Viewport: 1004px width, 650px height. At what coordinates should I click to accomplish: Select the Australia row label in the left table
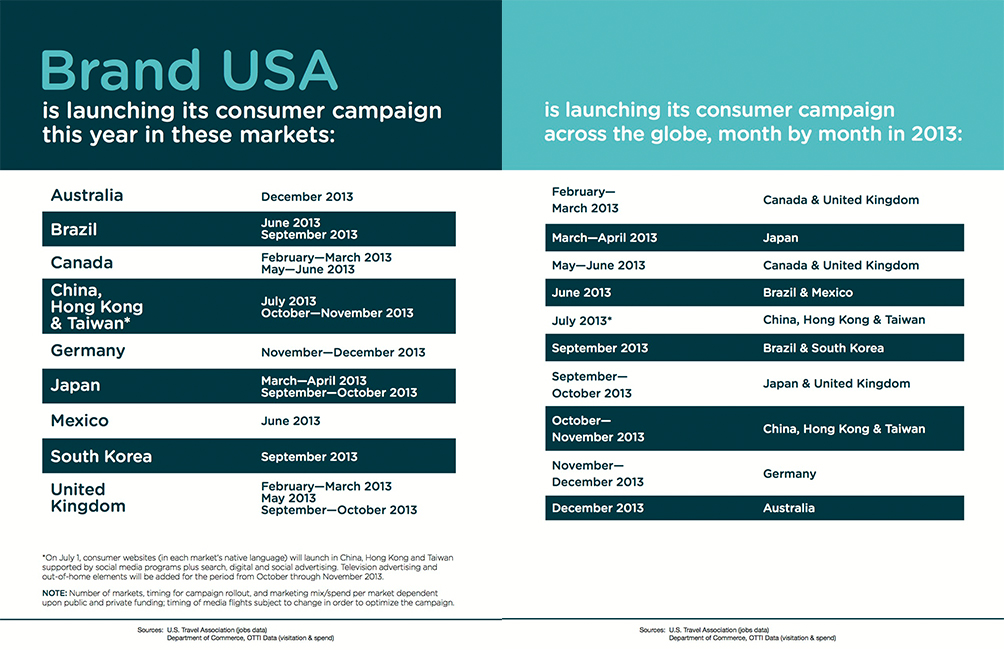tap(87, 195)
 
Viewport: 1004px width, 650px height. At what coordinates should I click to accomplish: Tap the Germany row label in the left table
tap(88, 351)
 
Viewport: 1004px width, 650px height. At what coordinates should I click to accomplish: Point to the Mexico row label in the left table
tap(80, 421)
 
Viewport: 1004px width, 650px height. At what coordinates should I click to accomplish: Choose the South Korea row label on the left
tap(101, 456)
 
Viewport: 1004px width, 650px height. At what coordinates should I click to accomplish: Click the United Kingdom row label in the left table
tap(88, 497)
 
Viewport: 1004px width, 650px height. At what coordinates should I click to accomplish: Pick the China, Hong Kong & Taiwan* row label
tap(97, 306)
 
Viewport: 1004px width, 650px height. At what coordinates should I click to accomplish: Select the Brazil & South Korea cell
tap(823, 348)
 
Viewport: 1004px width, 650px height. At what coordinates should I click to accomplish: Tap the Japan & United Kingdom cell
tap(836, 384)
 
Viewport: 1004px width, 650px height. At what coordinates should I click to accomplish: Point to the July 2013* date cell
tap(582, 320)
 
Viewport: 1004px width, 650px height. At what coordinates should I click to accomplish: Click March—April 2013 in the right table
tap(604, 238)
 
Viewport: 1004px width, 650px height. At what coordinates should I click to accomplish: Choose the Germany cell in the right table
tap(789, 474)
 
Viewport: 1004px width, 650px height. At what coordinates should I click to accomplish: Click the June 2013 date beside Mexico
tap(291, 421)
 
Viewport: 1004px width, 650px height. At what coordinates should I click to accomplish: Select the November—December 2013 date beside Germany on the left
tap(343, 352)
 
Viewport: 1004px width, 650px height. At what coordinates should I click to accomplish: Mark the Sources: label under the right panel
tap(651, 630)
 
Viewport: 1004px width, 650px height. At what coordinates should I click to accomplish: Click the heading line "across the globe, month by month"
tap(752, 133)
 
